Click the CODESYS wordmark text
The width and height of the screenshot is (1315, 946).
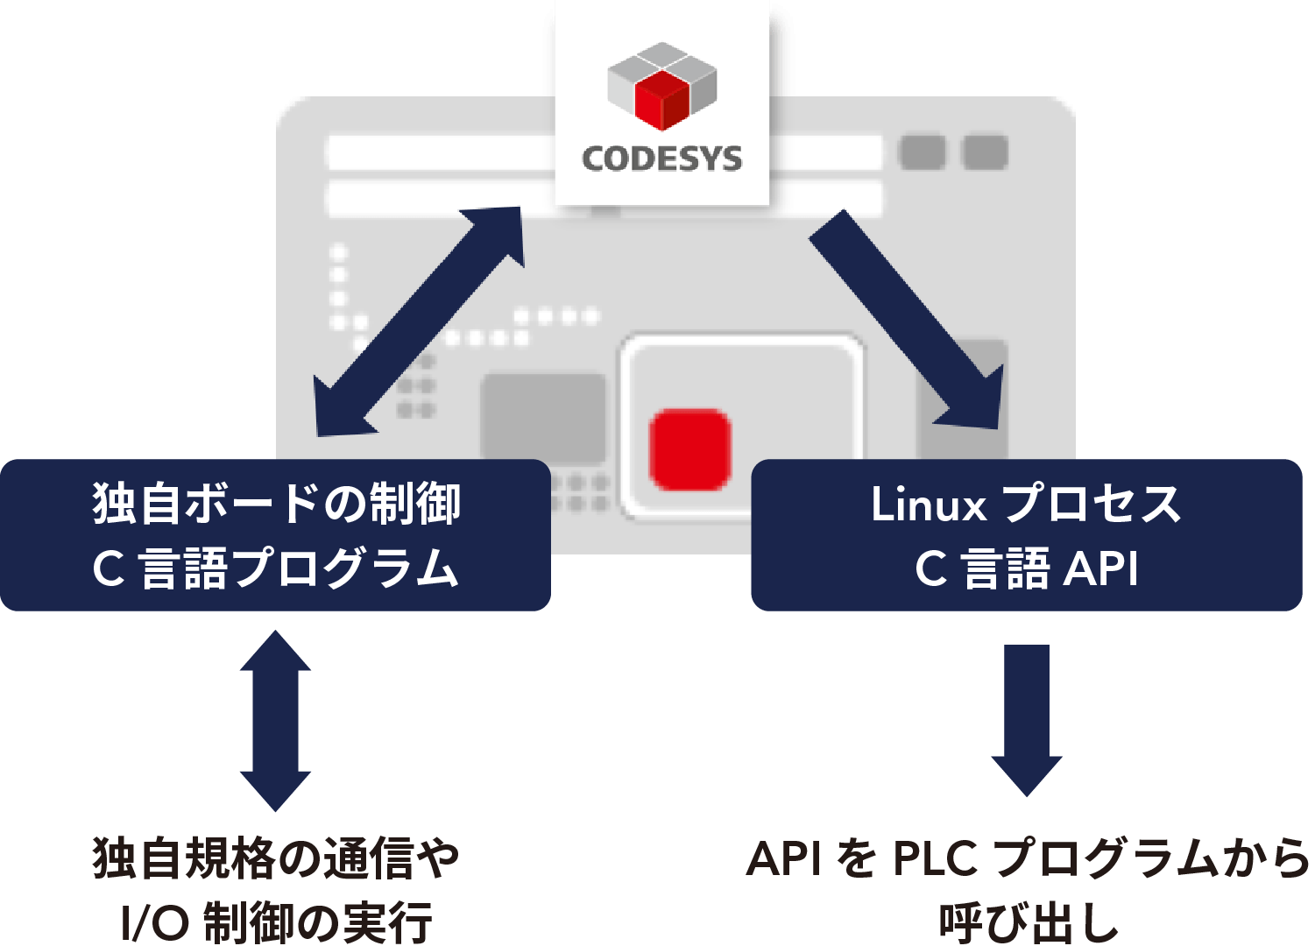pos(661,159)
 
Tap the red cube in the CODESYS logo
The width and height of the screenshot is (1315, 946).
pos(662,97)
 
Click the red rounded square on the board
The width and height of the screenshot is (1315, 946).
pos(690,449)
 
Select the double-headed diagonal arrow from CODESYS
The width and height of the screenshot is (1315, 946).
pos(420,321)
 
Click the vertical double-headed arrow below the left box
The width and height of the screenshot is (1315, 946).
pos(275,721)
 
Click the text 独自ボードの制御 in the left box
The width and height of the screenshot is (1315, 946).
pos(276,505)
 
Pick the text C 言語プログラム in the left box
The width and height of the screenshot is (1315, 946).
pos(276,568)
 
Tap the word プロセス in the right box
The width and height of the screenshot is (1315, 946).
pos(1091,505)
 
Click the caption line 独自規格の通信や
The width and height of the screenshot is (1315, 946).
pos(276,859)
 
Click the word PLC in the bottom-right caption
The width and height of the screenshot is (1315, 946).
pos(934,859)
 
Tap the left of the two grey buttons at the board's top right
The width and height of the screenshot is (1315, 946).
pos(923,152)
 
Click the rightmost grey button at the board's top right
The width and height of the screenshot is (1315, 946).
pos(985,152)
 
